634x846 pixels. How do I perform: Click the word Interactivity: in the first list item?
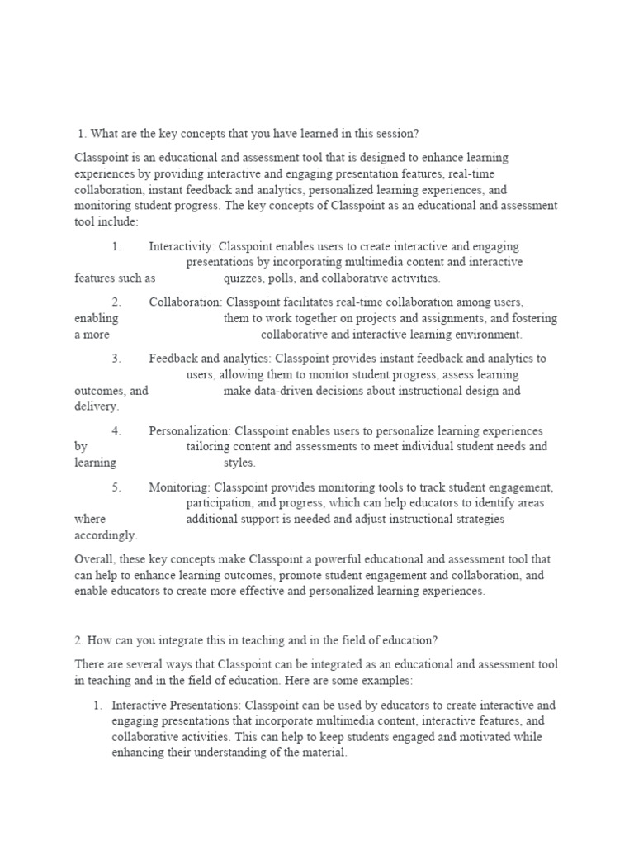[x=182, y=246]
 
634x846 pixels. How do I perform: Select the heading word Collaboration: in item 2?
[x=186, y=302]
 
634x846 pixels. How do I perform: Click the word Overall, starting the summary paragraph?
[x=96, y=558]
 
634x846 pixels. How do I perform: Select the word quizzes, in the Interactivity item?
[x=245, y=278]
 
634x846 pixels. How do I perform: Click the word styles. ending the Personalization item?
[x=239, y=463]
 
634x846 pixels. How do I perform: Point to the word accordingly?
[x=106, y=535]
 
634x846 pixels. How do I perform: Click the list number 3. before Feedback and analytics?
[x=116, y=359]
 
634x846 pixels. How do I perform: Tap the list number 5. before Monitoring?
[x=116, y=487]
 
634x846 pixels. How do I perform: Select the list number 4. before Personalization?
[x=116, y=430]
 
